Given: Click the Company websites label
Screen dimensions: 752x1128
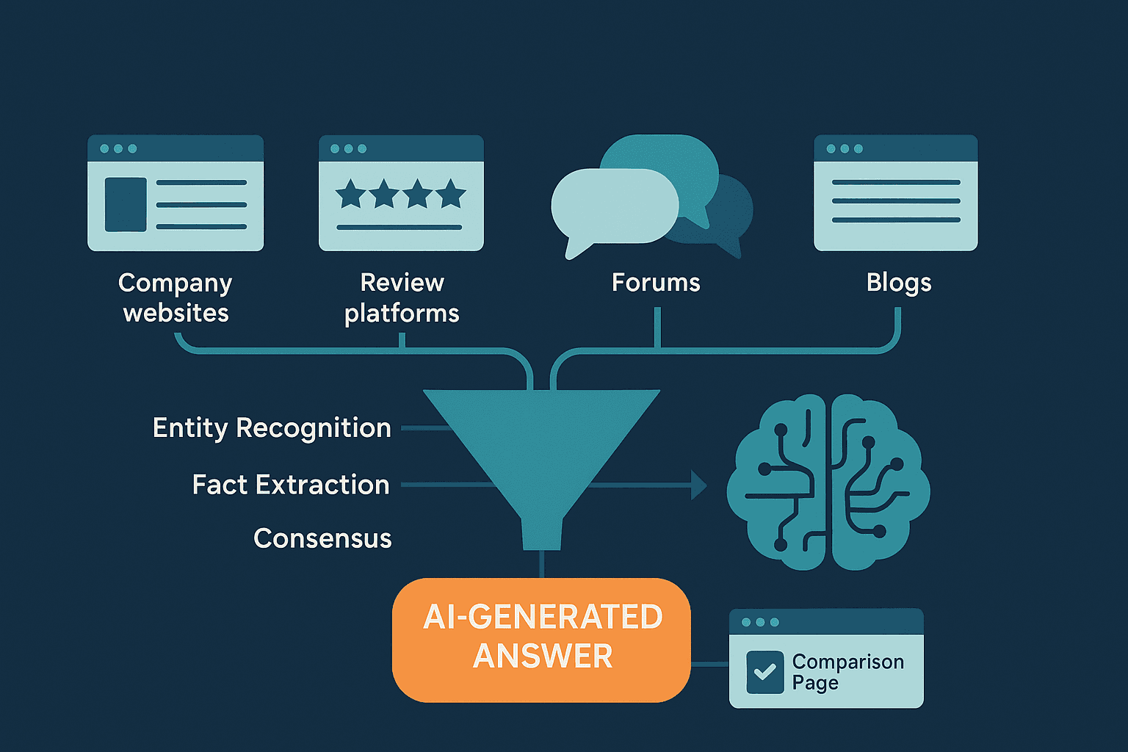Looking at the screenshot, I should pyautogui.click(x=176, y=297).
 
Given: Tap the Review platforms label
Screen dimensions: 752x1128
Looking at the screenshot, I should pyautogui.click(x=402, y=297).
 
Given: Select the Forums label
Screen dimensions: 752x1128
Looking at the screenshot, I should pyautogui.click(x=656, y=283).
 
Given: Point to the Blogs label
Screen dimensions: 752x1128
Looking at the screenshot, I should pyautogui.click(x=899, y=283).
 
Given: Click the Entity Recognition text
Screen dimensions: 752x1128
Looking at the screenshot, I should pyautogui.click(x=272, y=428).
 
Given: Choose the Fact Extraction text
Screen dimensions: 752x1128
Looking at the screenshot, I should pyautogui.click(x=291, y=485).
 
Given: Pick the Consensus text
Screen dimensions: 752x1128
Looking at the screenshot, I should pyautogui.click(x=322, y=538).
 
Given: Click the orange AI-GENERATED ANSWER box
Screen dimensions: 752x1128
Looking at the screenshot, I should pyautogui.click(x=541, y=639).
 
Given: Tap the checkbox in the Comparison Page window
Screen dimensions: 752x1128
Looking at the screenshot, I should pyautogui.click(x=764, y=672).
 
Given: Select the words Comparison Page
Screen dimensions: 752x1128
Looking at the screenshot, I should pyautogui.click(x=847, y=672).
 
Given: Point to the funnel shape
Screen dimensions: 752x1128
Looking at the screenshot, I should pyautogui.click(x=541, y=448).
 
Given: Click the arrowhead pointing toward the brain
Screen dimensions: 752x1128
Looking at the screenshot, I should pyautogui.click(x=698, y=485).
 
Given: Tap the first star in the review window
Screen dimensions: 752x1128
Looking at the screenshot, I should pyautogui.click(x=351, y=195).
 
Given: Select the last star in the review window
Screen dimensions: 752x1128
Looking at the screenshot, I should pyautogui.click(x=451, y=195).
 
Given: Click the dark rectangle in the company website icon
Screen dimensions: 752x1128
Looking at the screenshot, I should pyautogui.click(x=126, y=205).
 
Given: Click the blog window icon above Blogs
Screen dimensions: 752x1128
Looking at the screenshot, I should pyautogui.click(x=895, y=192).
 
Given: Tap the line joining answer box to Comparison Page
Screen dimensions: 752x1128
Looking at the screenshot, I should pyautogui.click(x=709, y=664).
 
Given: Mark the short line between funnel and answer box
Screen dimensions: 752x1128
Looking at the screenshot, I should pyautogui.click(x=542, y=564).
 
